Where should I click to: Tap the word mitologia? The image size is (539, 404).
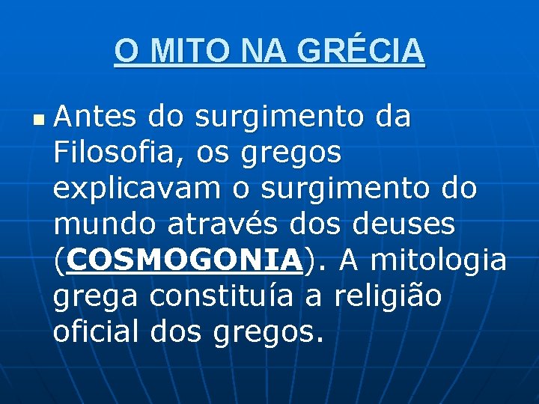[438, 260]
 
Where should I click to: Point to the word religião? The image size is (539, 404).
[388, 296]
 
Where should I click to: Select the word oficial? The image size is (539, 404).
[95, 332]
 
